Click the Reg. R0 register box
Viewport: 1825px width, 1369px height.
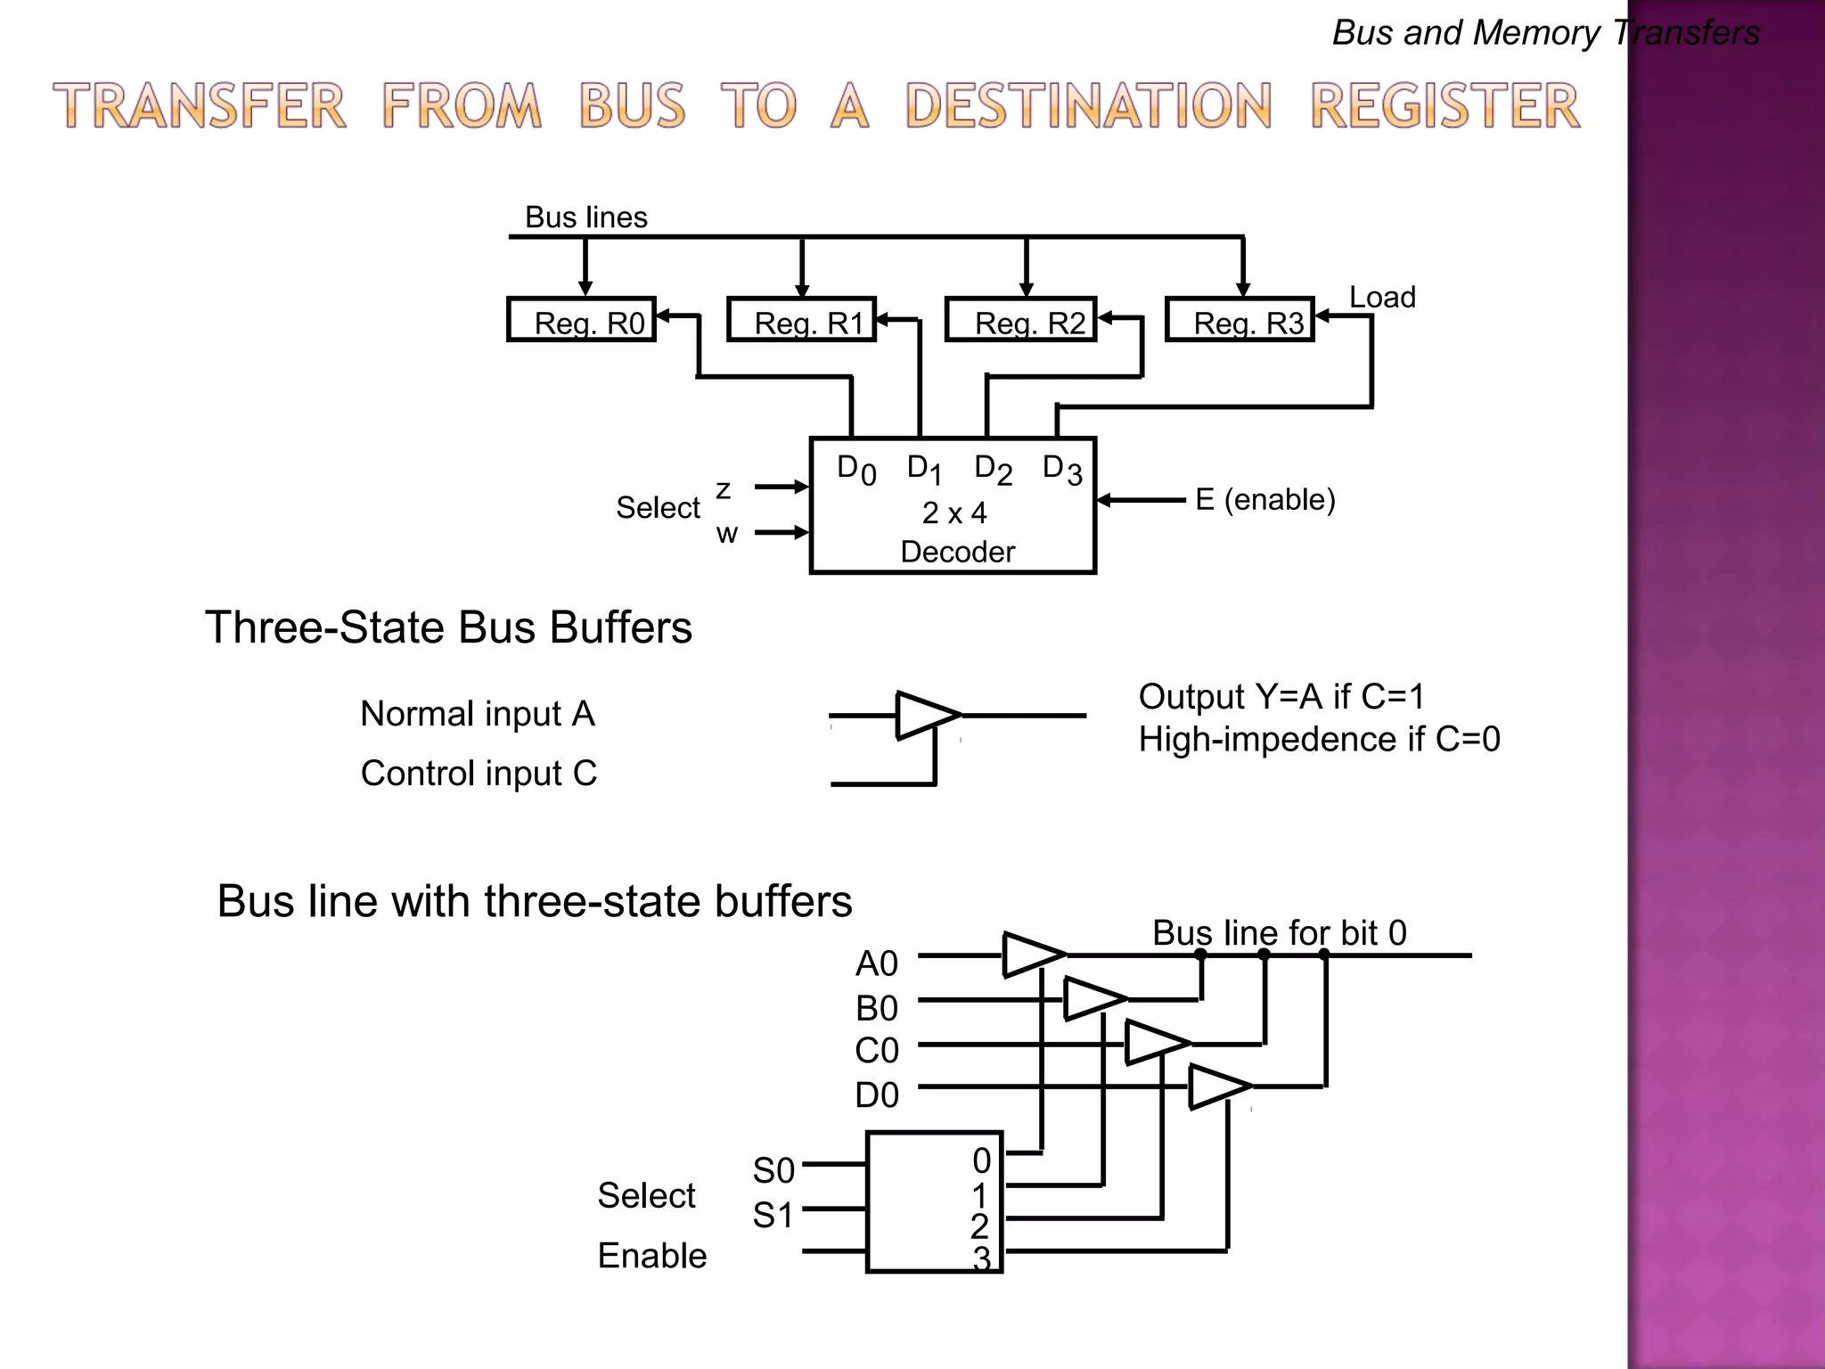(582, 320)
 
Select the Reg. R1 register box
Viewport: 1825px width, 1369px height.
(802, 320)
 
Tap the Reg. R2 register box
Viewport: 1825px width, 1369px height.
(1021, 320)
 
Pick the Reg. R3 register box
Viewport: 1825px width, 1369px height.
(1240, 320)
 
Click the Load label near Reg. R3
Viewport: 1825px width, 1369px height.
(1382, 298)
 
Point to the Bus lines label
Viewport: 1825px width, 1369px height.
(585, 217)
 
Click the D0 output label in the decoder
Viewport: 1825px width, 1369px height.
(855, 469)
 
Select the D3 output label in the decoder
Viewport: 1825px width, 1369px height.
(1062, 469)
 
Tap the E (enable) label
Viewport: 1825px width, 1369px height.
(1265, 500)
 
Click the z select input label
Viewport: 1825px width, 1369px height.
(724, 489)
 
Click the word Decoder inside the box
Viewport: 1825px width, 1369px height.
(958, 552)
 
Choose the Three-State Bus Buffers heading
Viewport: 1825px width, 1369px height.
(448, 627)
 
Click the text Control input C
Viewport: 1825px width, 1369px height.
(479, 774)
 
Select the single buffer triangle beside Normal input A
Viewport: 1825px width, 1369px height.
(925, 715)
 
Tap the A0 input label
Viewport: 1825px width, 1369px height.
(877, 964)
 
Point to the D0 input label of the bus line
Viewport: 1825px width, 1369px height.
(877, 1095)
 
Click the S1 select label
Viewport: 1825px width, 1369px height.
(773, 1216)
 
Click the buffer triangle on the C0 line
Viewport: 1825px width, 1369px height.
(1155, 1042)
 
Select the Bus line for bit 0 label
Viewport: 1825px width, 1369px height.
(1280, 933)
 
